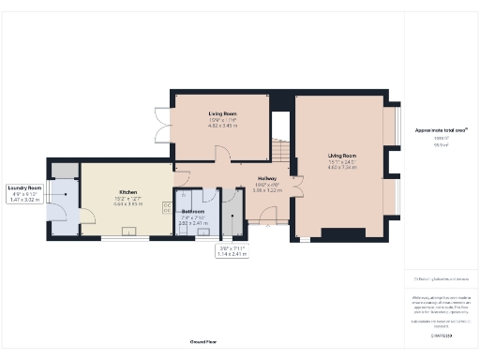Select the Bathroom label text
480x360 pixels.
coord(193,211)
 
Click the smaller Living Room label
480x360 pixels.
coord(222,112)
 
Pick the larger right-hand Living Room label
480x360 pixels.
coord(342,156)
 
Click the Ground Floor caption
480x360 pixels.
coord(203,342)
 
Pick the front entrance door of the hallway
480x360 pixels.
coord(269,223)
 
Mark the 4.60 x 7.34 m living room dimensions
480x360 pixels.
coord(342,168)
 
